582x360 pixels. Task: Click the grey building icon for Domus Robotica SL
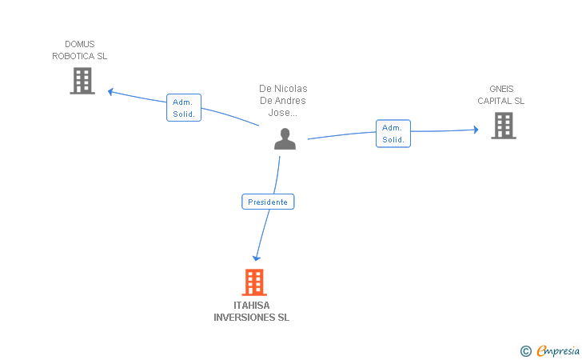[82, 81]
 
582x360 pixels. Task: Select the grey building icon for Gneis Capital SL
[503, 125]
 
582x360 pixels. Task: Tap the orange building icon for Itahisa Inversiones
[253, 282]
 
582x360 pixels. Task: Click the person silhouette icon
[285, 138]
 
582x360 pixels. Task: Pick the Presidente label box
[268, 202]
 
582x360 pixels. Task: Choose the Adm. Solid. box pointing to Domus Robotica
[184, 108]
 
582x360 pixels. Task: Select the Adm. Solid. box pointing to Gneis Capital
[393, 134]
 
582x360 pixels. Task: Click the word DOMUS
[80, 44]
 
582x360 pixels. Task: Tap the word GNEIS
[501, 89]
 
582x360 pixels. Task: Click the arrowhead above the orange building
[257, 258]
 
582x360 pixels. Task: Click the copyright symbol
[525, 350]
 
